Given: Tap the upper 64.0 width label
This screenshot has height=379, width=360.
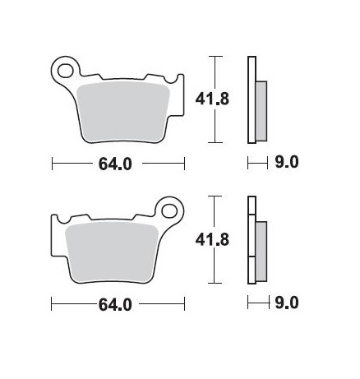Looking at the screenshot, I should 117,164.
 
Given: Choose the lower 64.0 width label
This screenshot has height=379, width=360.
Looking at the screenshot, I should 117,305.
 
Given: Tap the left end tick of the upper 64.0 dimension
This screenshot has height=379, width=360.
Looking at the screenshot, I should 52,164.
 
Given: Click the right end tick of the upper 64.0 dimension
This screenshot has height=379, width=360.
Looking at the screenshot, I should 184,164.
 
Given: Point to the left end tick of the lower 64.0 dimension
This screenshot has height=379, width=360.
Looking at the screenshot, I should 52,305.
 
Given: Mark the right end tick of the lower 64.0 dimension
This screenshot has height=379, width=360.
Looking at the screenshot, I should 184,305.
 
